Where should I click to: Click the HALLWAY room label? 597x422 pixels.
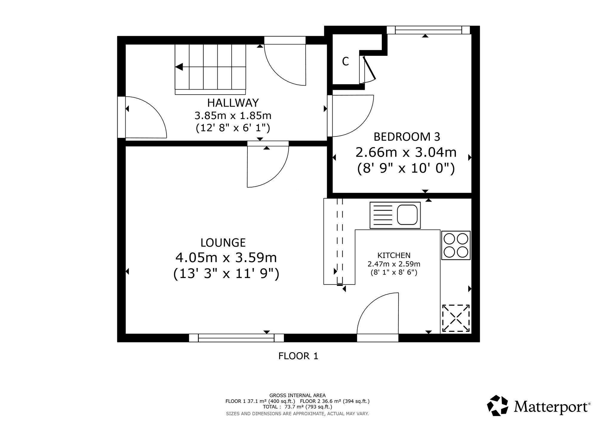click(233, 103)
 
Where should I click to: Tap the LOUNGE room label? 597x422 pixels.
click(223, 243)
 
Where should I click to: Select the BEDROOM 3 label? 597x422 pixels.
click(407, 137)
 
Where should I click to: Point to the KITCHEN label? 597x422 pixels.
click(394, 255)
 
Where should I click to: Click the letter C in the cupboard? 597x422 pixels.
click(345, 61)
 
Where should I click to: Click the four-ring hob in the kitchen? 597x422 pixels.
click(456, 245)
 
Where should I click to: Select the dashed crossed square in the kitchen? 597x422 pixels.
click(456, 318)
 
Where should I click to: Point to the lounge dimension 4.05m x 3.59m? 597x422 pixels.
click(226, 257)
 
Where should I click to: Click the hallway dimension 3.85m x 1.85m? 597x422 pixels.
click(233, 115)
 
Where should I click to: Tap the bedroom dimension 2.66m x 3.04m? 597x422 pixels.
click(406, 153)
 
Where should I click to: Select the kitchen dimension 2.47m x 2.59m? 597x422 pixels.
click(394, 264)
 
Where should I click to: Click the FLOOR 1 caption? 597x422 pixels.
click(298, 356)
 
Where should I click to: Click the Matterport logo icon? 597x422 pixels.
click(498, 405)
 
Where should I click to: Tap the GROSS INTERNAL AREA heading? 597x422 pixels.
click(298, 395)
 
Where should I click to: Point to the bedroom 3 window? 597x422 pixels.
click(428, 30)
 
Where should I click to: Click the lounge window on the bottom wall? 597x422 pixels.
click(236, 338)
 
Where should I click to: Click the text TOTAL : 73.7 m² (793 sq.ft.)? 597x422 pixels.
click(297, 407)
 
